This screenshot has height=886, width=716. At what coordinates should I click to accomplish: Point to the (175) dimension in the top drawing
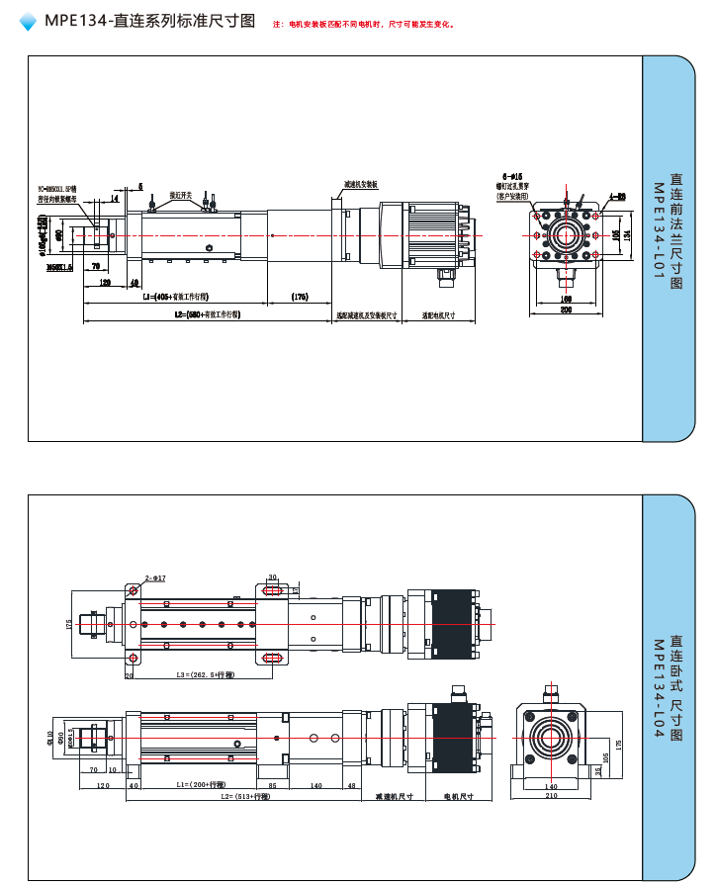[x=301, y=297]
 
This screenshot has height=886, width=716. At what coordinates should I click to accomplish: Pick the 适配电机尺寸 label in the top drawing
[x=438, y=315]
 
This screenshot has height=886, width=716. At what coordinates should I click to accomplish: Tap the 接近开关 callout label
[x=181, y=195]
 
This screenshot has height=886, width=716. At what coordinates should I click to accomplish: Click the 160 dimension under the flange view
[x=566, y=298]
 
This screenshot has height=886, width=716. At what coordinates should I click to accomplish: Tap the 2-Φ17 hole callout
[x=155, y=577]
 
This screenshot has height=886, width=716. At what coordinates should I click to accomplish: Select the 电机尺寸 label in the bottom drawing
[x=458, y=796]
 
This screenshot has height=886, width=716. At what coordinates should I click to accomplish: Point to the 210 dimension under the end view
[x=551, y=796]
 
